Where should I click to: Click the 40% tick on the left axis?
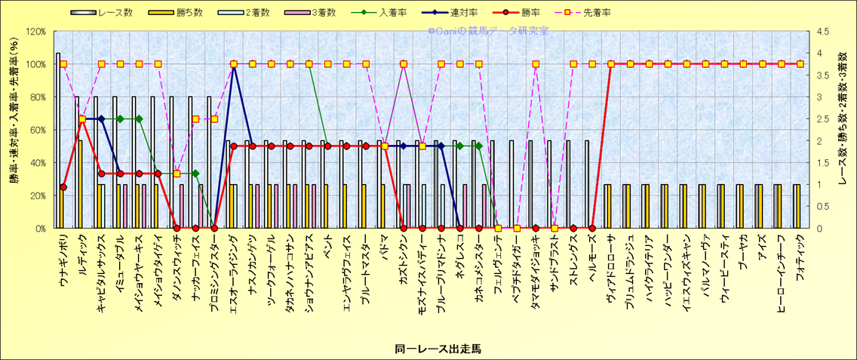[x=37, y=162]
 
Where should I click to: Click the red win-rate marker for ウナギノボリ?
[x=63, y=187]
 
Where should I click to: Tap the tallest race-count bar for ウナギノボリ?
[x=58, y=140]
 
